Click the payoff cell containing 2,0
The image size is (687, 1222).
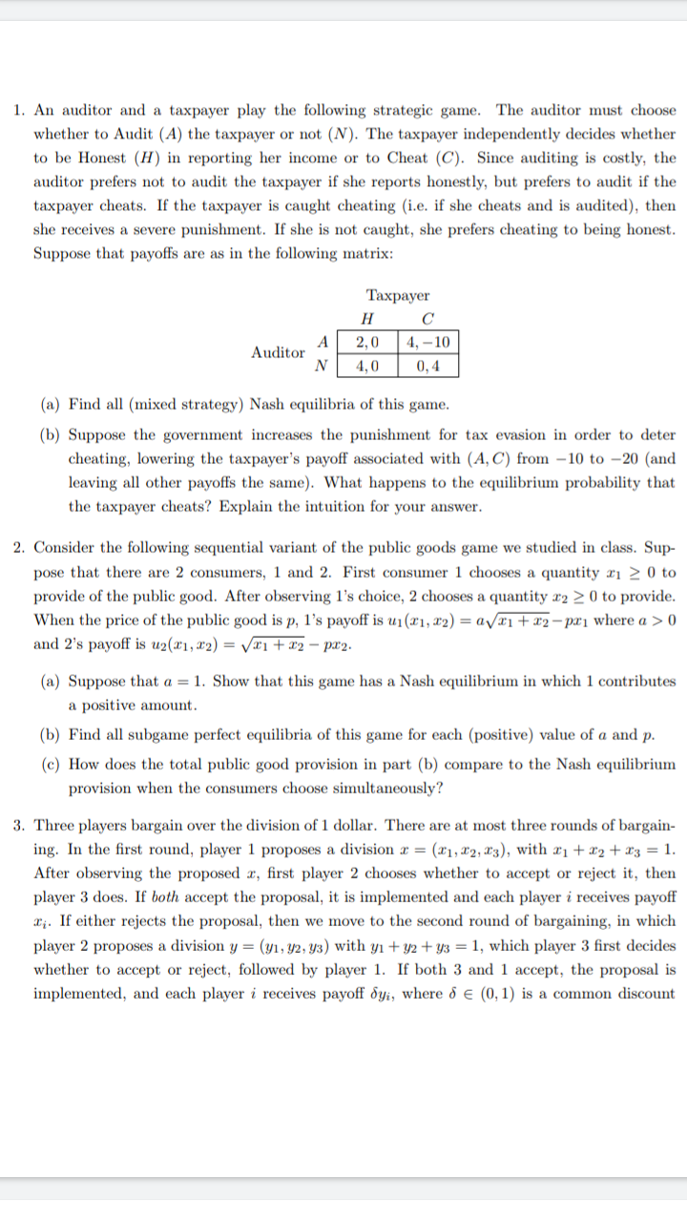[x=367, y=343]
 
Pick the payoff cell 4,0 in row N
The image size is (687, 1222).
[x=367, y=365]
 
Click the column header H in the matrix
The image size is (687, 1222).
[x=367, y=319]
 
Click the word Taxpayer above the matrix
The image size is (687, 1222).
[x=397, y=296]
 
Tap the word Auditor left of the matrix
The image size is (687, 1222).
[x=278, y=353]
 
